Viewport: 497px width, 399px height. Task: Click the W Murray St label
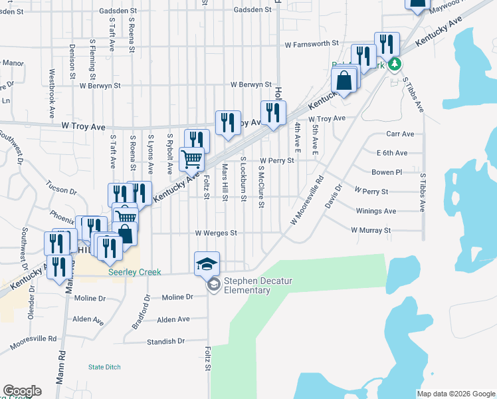tap(371, 230)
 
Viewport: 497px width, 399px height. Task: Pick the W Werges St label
tap(216, 233)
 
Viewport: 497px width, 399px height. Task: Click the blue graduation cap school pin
tap(207, 263)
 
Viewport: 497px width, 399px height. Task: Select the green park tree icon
tap(395, 64)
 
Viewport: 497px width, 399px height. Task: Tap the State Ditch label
tap(104, 367)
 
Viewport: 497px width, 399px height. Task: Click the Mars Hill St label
tap(225, 182)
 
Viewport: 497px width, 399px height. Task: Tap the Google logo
tap(22, 391)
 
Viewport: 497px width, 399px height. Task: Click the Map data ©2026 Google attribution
tap(456, 394)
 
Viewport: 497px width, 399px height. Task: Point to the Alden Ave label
tap(173, 320)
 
